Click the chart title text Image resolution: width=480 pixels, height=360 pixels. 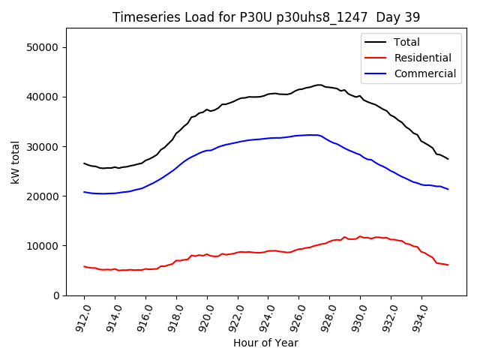(x=266, y=16)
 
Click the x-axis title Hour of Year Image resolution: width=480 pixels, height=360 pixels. (x=265, y=343)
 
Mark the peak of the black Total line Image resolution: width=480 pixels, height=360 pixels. (x=319, y=85)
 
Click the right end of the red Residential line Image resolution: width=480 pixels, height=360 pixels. (x=448, y=265)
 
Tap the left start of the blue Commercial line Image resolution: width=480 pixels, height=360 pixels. (x=84, y=192)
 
